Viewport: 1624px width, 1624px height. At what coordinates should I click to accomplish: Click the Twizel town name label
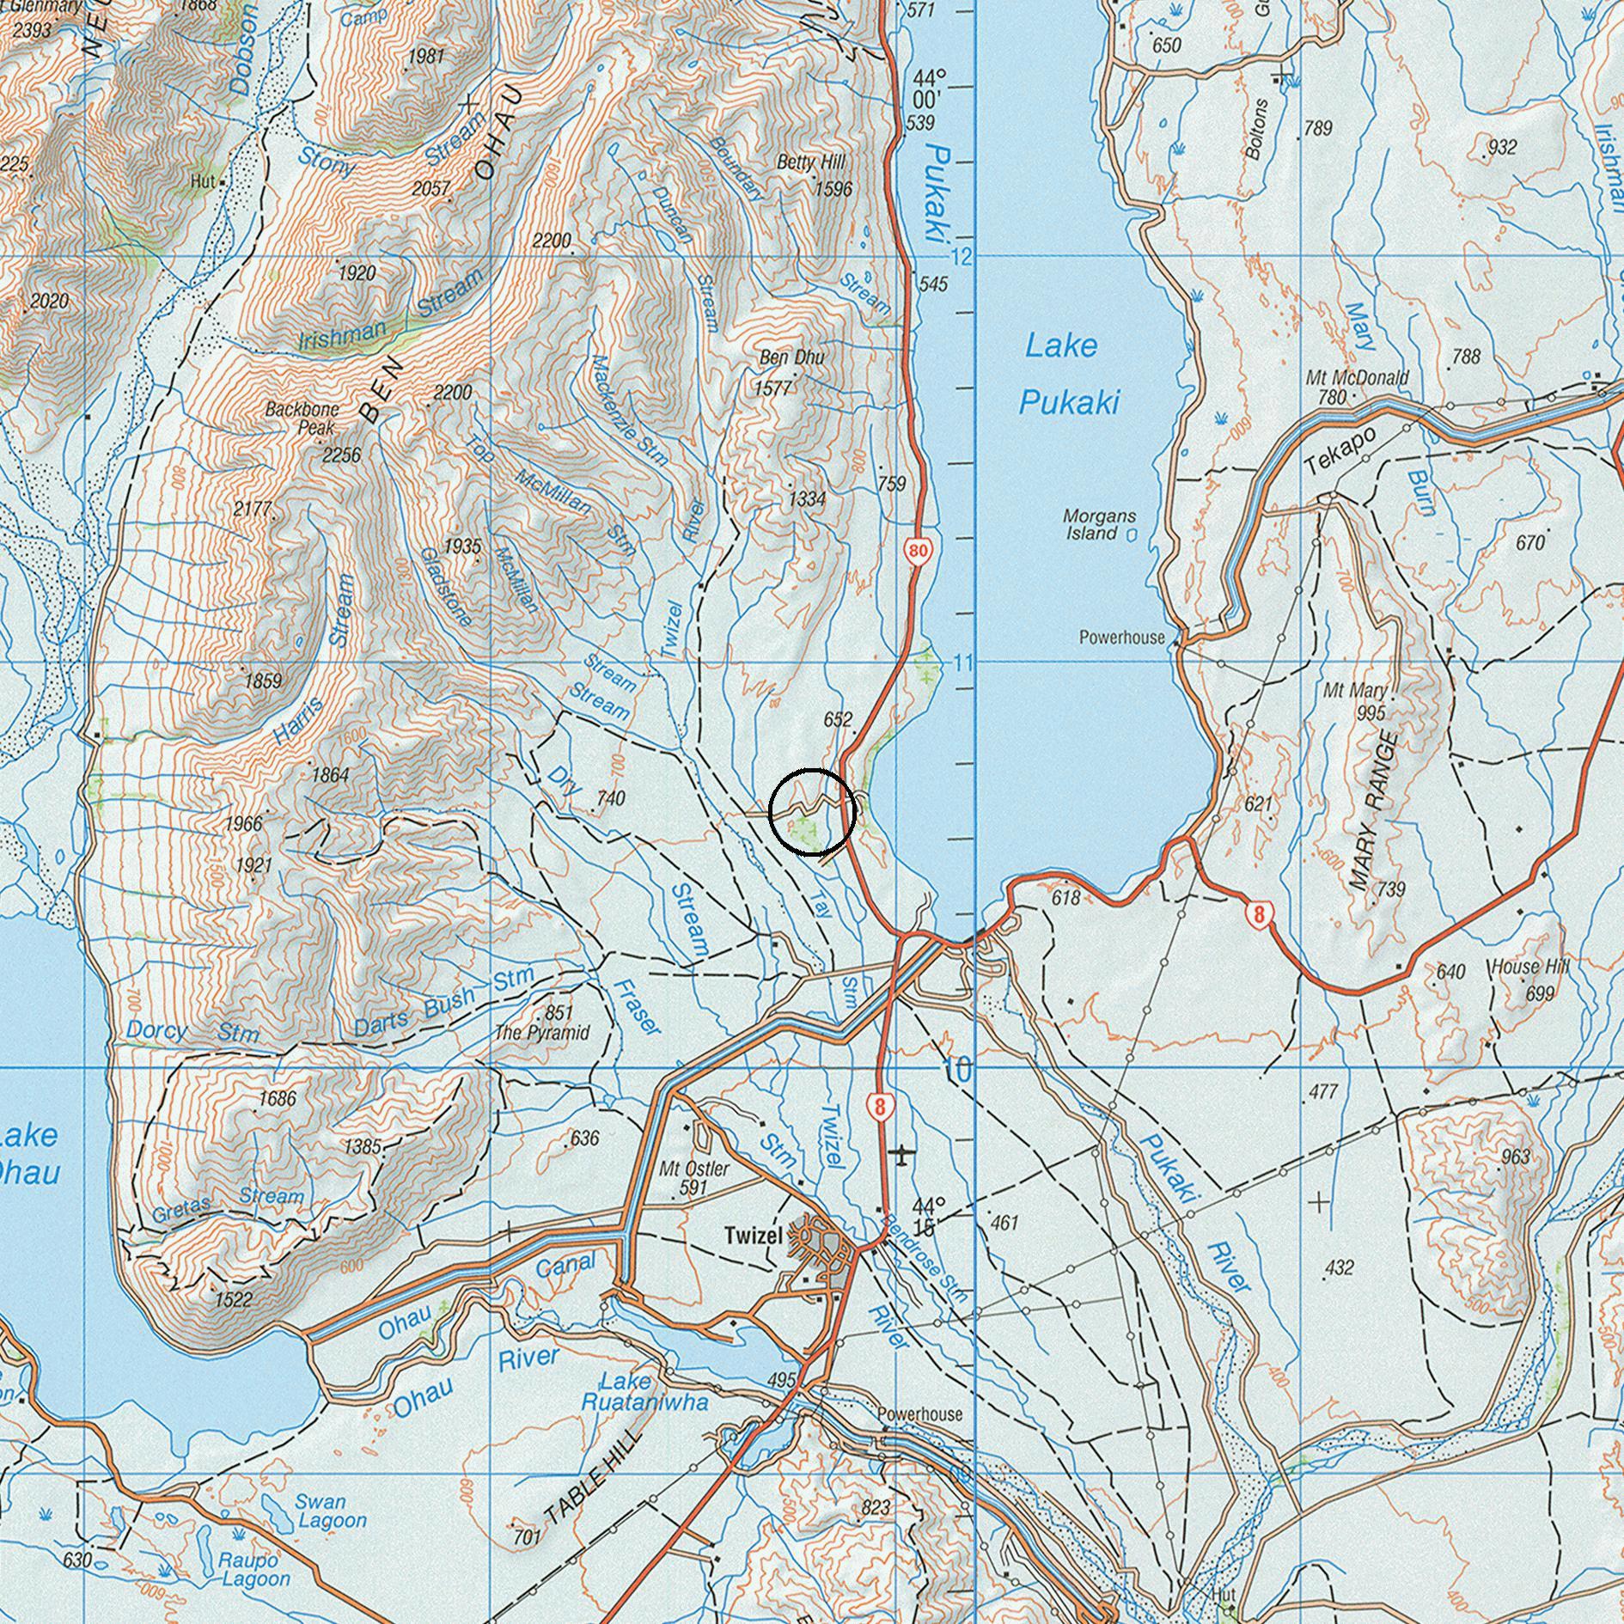(x=753, y=1236)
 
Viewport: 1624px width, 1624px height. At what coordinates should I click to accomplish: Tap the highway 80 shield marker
(x=918, y=550)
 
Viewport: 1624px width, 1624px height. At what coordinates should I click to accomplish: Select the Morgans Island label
(x=1098, y=524)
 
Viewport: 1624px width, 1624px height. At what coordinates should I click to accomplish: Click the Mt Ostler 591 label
(x=693, y=1178)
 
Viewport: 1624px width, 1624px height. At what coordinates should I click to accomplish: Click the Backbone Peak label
(x=302, y=418)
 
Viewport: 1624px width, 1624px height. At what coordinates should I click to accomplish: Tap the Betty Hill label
(x=810, y=162)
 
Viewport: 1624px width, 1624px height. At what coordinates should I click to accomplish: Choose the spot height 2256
(x=341, y=455)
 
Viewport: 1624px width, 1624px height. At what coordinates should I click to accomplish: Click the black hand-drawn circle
(x=811, y=812)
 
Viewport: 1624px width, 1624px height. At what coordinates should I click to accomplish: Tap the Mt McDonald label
(x=1357, y=378)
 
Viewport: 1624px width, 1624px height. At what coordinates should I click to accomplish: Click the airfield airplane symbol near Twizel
(x=900, y=1153)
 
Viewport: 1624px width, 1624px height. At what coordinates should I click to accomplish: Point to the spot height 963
(x=1516, y=1157)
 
